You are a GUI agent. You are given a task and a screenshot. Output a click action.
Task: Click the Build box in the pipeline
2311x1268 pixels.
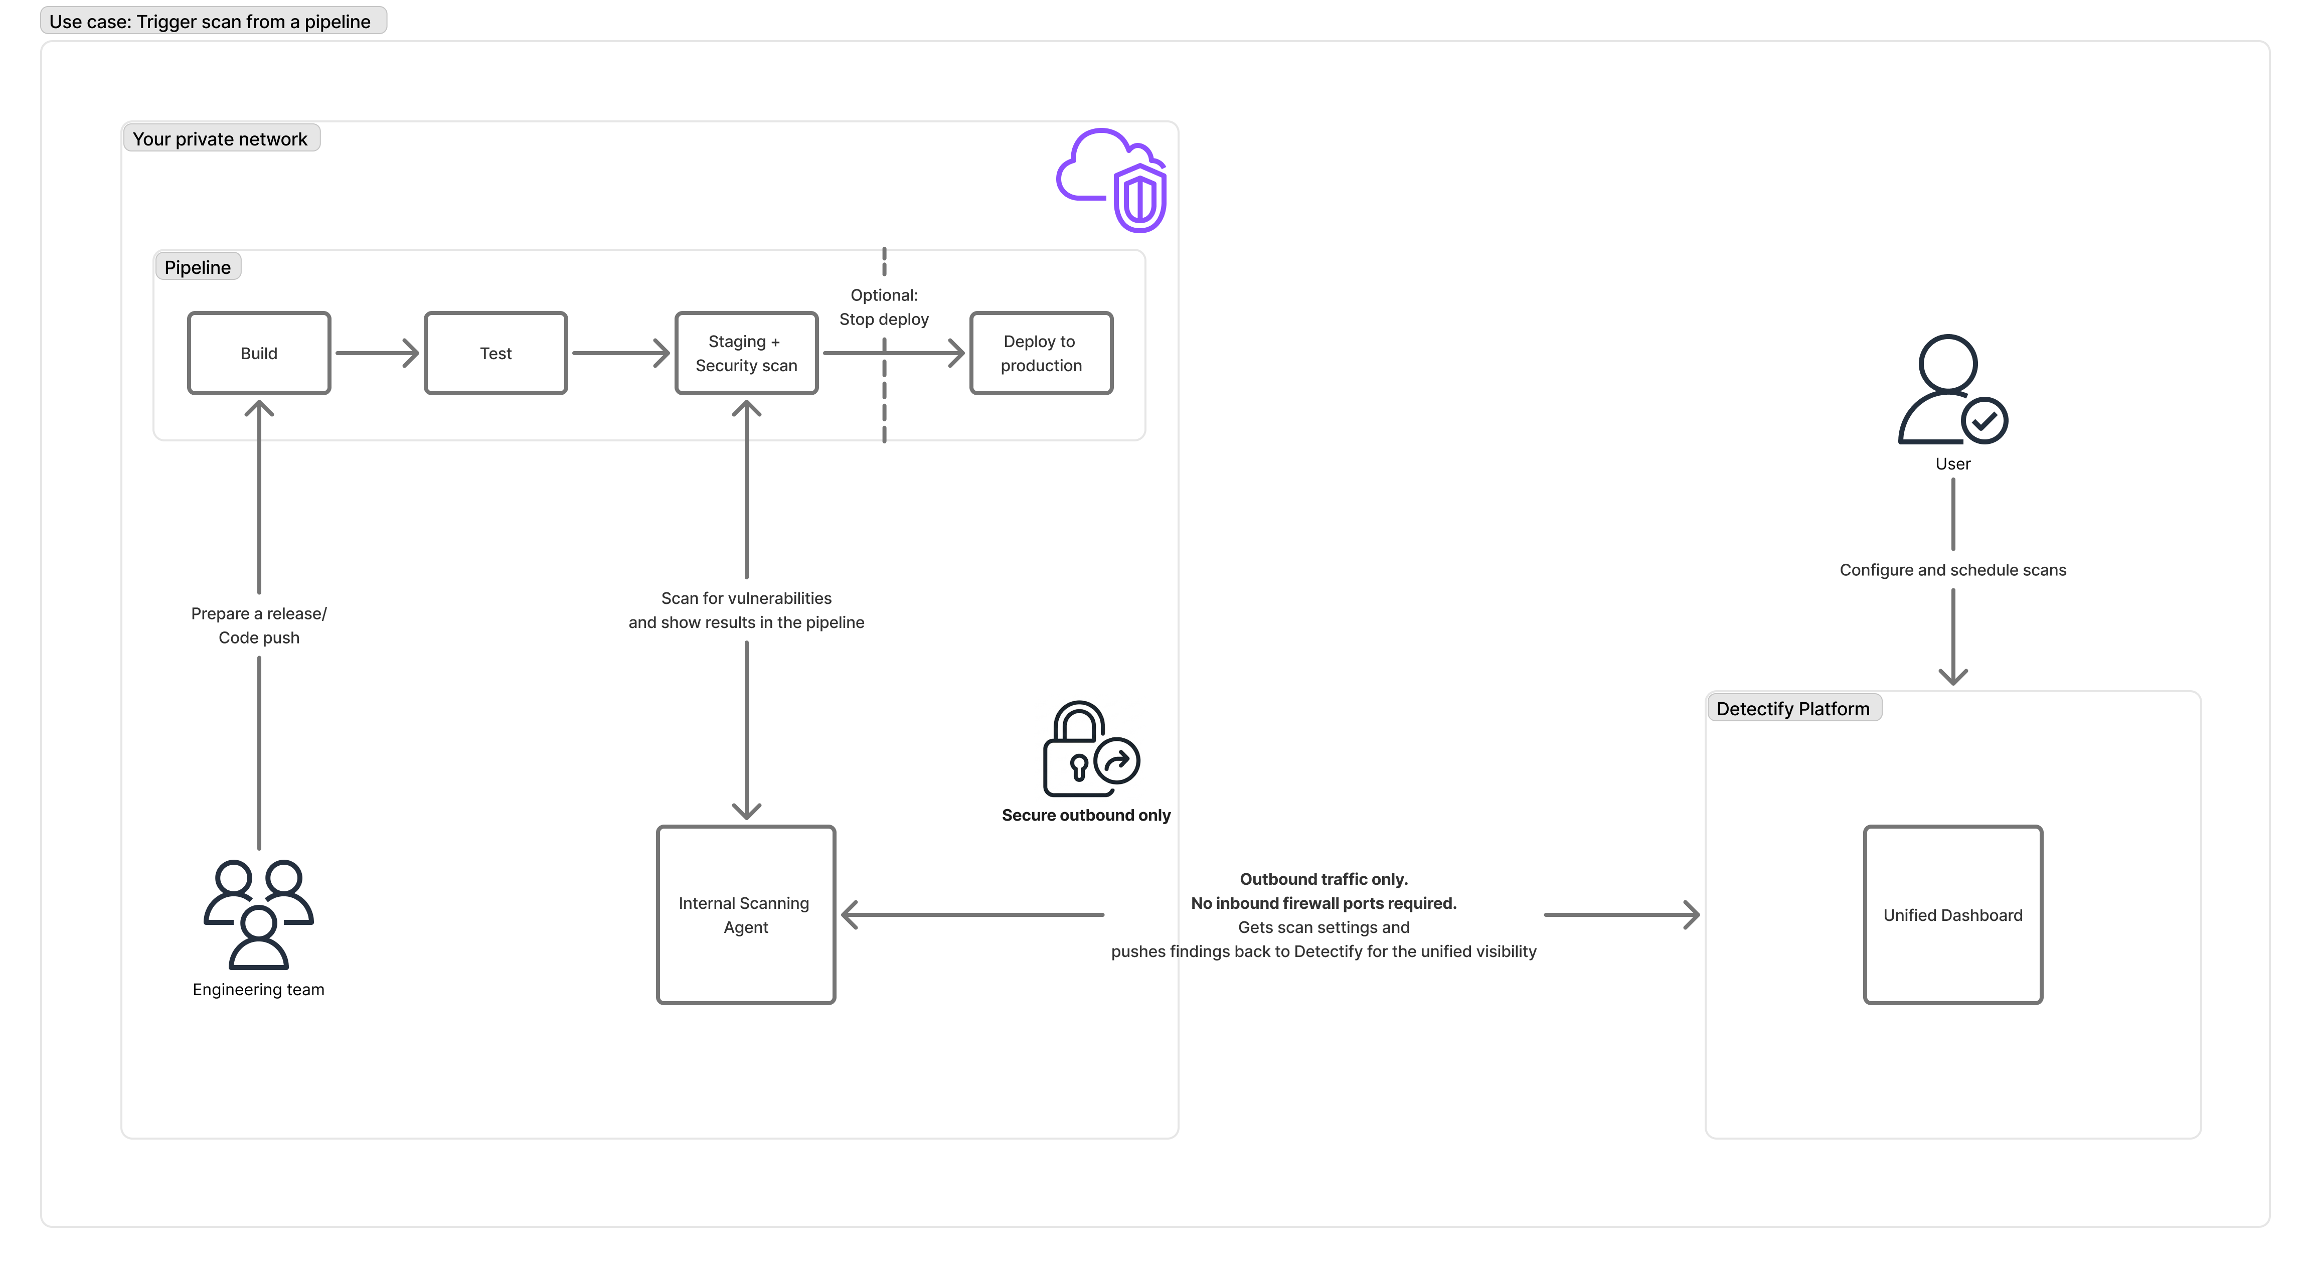pyautogui.click(x=258, y=353)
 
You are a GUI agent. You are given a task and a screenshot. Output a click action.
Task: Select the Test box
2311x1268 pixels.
pyautogui.click(x=495, y=353)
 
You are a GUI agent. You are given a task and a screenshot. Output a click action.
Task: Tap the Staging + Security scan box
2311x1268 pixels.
pyautogui.click(x=746, y=353)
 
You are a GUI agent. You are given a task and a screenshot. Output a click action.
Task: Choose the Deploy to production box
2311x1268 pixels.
pyautogui.click(x=1041, y=353)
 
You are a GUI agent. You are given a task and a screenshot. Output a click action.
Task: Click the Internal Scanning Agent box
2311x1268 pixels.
pyautogui.click(x=746, y=914)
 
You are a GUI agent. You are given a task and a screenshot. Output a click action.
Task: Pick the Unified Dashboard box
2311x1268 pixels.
pyautogui.click(x=1952, y=914)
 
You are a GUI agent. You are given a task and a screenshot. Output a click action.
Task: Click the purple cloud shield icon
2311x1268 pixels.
pyautogui.click(x=1112, y=180)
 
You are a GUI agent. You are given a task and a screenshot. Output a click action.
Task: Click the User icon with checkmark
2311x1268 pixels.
pyautogui.click(x=1952, y=390)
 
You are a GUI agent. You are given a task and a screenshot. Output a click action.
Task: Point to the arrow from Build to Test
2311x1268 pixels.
pyautogui.click(x=377, y=353)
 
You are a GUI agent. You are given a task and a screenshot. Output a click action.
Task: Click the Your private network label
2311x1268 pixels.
pyautogui.click(x=220, y=139)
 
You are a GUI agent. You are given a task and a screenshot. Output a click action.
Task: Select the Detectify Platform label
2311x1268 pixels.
pyautogui.click(x=1792, y=709)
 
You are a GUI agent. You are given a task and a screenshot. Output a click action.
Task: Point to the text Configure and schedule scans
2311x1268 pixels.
pyautogui.click(x=1952, y=570)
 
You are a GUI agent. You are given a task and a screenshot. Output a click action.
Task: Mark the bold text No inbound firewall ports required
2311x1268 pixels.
pyautogui.click(x=1324, y=903)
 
